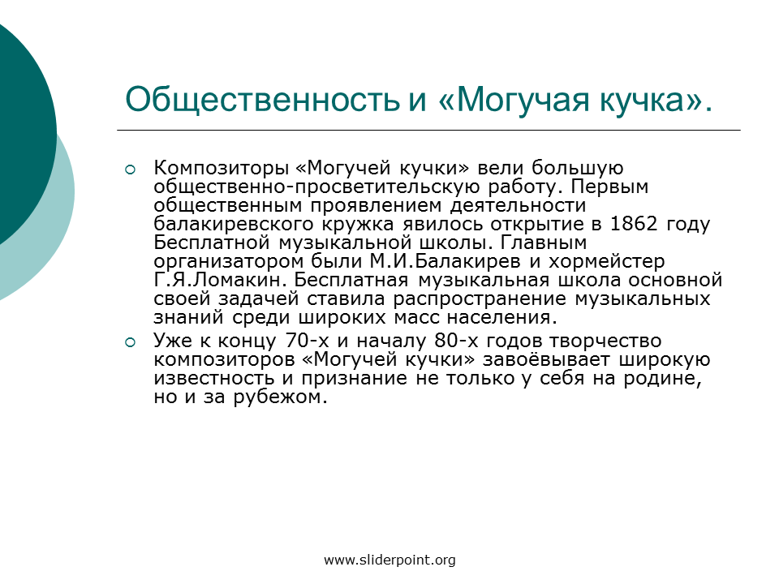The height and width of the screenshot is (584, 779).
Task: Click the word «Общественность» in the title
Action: pos(263,100)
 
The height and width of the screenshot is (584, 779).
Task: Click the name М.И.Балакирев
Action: pos(445,261)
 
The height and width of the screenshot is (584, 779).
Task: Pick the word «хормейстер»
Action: pos(606,262)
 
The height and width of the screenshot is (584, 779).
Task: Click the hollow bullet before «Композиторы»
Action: pos(130,170)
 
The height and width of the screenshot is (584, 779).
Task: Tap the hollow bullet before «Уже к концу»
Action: pos(130,342)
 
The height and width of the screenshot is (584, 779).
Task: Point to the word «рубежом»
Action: pos(280,397)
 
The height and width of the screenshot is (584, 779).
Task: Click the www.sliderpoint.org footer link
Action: pos(389,560)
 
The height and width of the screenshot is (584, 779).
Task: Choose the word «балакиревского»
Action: pos(234,224)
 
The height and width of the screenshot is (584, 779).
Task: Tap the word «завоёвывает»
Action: pos(546,359)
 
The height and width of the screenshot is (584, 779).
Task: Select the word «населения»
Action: pos(501,317)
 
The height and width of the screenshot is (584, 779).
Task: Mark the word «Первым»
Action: pos(609,187)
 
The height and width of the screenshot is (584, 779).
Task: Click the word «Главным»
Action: pos(543,243)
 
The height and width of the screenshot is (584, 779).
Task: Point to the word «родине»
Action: pos(663,379)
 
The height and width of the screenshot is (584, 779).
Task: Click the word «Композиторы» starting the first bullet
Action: pos(221,168)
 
